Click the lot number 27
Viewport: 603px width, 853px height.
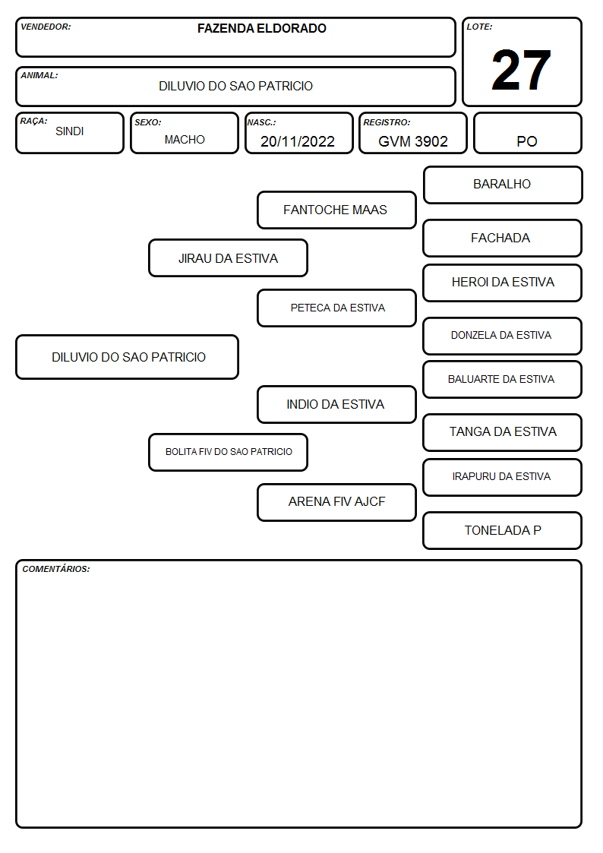pyautogui.click(x=521, y=70)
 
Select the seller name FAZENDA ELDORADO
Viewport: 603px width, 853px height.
pyautogui.click(x=261, y=28)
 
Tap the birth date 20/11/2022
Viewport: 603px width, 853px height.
pyautogui.click(x=298, y=141)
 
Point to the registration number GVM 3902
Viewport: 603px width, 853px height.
pyautogui.click(x=412, y=141)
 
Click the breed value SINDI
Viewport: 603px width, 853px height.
pyautogui.click(x=70, y=131)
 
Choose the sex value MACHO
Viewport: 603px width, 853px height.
pyautogui.click(x=185, y=140)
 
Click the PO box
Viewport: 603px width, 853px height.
pyautogui.click(x=527, y=133)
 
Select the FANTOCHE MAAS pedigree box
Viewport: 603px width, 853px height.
pyautogui.click(x=336, y=210)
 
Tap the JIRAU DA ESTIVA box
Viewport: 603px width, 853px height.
pyautogui.click(x=229, y=257)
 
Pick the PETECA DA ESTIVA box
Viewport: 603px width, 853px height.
pyautogui.click(x=336, y=308)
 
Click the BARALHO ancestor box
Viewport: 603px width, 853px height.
pyautogui.click(x=503, y=185)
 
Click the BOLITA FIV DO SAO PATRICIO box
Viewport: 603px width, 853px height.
pyautogui.click(x=229, y=452)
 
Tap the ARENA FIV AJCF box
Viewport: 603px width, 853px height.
pyautogui.click(x=336, y=502)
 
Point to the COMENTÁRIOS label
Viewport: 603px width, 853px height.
pyautogui.click(x=56, y=569)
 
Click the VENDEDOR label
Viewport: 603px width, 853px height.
pyautogui.click(x=46, y=27)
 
